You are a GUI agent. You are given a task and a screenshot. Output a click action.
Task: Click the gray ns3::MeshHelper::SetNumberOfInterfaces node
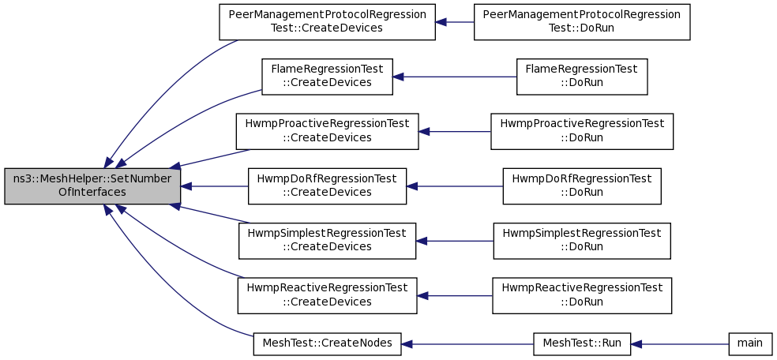92,186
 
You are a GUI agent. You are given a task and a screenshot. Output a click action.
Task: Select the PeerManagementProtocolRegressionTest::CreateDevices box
327,22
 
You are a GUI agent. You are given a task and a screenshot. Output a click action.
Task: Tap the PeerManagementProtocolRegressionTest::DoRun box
582,22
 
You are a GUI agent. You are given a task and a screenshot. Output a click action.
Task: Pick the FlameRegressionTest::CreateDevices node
327,77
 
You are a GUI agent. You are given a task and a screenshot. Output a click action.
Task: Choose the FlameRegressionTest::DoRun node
582,77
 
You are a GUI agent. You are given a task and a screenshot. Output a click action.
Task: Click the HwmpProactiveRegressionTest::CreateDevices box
327,131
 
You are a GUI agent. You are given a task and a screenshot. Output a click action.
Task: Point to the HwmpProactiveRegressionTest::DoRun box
582,131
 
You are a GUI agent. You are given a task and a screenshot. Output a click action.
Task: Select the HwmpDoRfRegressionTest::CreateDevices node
327,186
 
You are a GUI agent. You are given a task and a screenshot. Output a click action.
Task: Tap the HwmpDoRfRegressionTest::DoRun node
582,186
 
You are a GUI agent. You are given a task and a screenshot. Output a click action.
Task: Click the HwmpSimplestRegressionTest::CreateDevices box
327,241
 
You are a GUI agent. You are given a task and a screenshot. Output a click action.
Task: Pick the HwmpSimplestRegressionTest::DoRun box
582,241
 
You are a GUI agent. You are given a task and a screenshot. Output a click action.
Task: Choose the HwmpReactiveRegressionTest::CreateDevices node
327,295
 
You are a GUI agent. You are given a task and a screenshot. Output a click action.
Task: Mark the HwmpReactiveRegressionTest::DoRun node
582,295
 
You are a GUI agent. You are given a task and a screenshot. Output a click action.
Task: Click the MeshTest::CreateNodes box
327,343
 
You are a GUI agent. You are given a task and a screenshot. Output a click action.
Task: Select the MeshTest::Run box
582,343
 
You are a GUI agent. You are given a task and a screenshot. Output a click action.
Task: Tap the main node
749,343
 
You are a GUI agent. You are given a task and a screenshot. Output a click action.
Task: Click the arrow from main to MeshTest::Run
680,343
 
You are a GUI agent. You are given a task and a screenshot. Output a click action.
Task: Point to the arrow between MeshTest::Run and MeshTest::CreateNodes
467,343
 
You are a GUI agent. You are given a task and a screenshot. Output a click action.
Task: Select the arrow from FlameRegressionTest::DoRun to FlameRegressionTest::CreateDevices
454,77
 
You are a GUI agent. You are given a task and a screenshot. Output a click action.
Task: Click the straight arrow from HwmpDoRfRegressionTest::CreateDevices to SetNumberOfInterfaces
214,186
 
